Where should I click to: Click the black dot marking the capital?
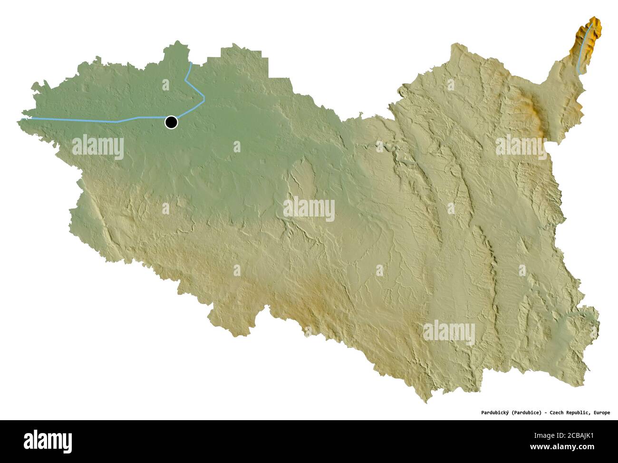(x=171, y=122)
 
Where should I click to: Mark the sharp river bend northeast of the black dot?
(x=204, y=99)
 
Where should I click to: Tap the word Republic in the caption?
(x=580, y=413)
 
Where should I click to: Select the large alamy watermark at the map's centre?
(x=309, y=209)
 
